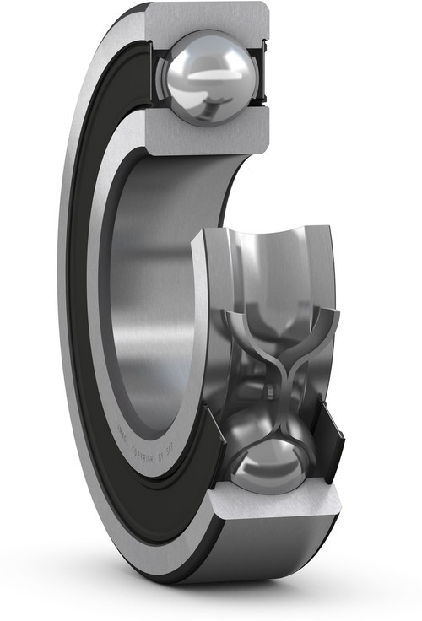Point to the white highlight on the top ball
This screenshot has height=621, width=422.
tap(203, 74)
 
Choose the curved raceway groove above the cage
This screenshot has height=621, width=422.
tap(270, 270)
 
